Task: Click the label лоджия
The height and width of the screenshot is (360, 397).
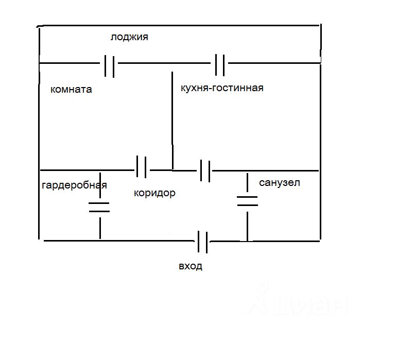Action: (129, 37)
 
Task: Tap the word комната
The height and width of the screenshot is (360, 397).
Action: (71, 89)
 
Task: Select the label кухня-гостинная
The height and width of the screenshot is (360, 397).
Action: (222, 88)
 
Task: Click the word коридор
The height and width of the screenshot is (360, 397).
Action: (154, 193)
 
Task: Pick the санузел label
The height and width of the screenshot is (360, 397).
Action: (280, 182)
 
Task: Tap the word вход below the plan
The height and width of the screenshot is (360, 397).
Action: (191, 266)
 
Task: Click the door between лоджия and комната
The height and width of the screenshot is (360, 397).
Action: (109, 65)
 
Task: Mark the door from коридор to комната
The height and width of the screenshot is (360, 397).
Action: (141, 167)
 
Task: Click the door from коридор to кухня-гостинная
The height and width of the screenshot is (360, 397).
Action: (205, 170)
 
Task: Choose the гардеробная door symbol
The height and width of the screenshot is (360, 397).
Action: (99, 208)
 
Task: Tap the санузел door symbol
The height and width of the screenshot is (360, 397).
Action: (247, 201)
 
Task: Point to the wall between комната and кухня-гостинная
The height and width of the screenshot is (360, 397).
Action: (172, 118)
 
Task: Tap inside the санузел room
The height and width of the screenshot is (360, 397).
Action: (283, 211)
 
